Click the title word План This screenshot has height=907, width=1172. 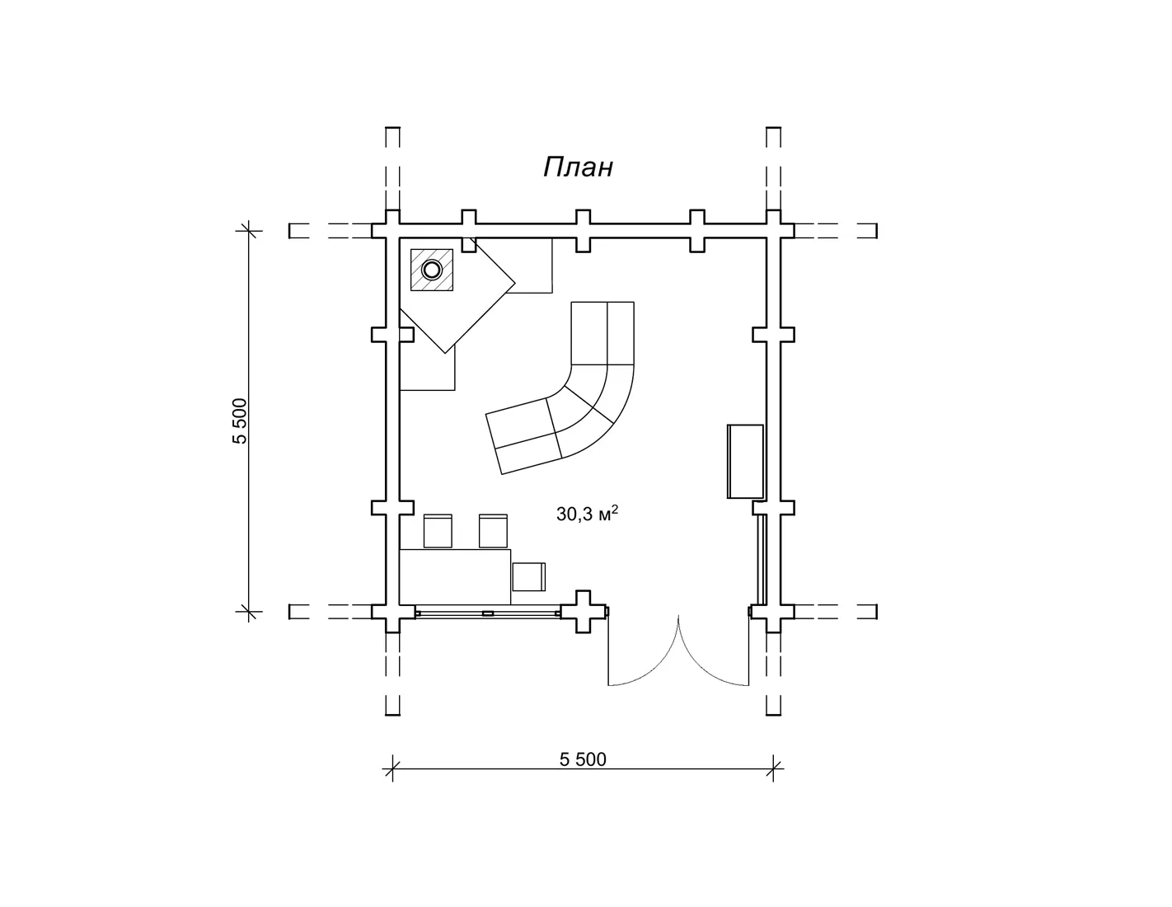tap(578, 167)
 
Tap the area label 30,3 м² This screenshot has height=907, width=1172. tap(587, 514)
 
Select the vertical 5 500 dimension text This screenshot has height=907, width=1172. tap(240, 421)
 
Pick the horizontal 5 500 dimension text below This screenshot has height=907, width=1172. tap(583, 759)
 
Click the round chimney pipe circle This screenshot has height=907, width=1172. tap(432, 270)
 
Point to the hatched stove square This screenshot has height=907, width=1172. tap(432, 270)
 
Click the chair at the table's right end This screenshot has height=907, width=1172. tap(528, 577)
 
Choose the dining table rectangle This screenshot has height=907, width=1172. tap(455, 577)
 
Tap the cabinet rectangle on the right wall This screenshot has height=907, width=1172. tap(745, 461)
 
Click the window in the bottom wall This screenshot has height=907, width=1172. tap(488, 613)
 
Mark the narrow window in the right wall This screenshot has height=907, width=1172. tap(761, 560)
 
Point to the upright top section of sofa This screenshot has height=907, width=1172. tap(602, 333)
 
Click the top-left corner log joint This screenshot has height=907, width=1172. tap(392, 230)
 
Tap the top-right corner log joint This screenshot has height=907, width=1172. tap(773, 230)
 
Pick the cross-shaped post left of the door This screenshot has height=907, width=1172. tap(583, 612)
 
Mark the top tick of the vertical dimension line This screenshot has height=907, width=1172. tap(249, 230)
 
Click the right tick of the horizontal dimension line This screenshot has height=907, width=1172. tap(773, 768)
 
